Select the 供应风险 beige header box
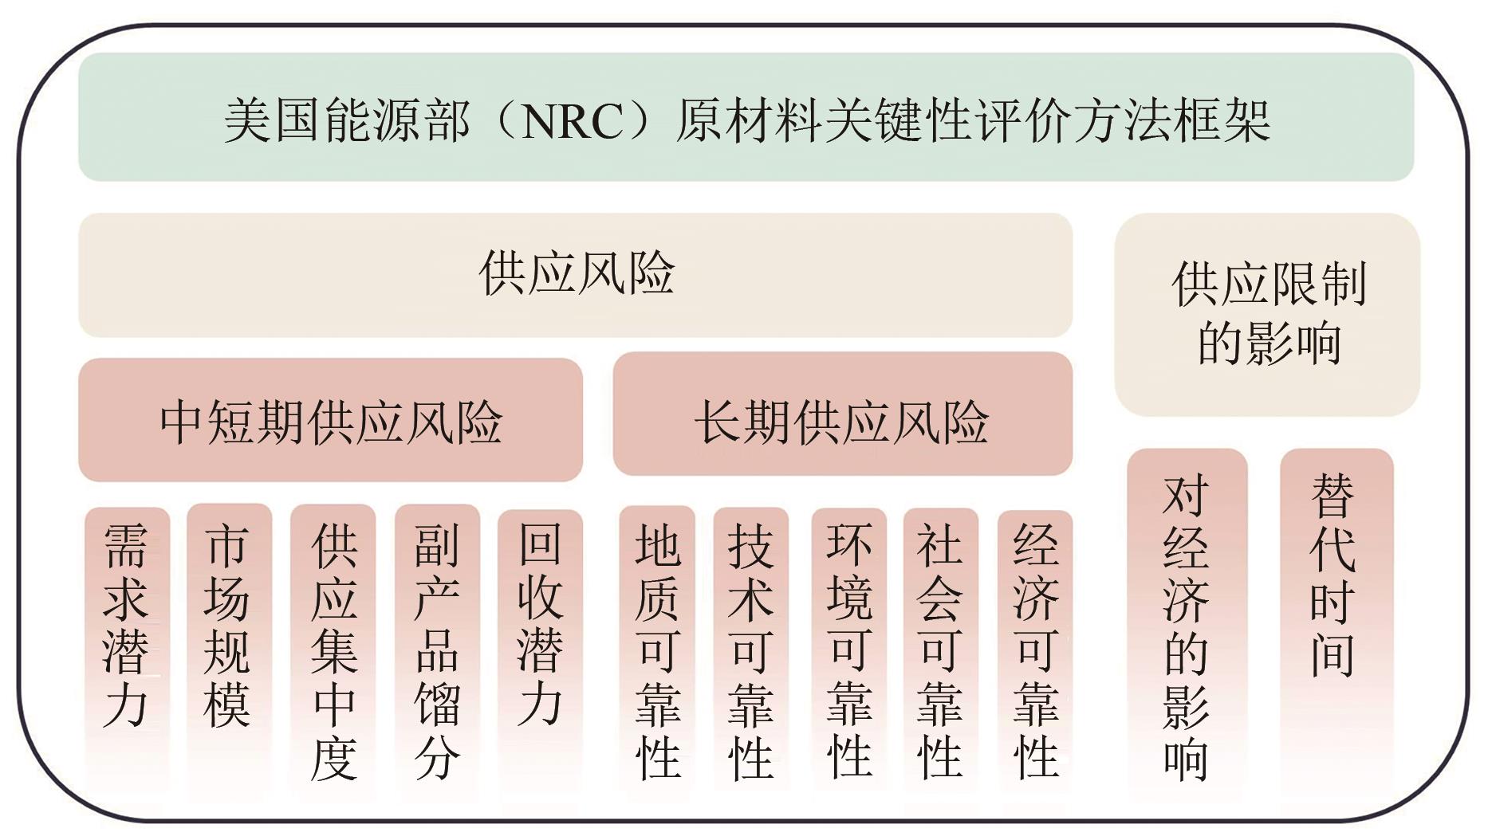[575, 274]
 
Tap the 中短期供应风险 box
[330, 420]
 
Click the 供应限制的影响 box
[1267, 314]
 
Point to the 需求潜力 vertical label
[126, 626]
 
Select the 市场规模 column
[228, 626]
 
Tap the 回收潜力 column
[540, 626]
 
